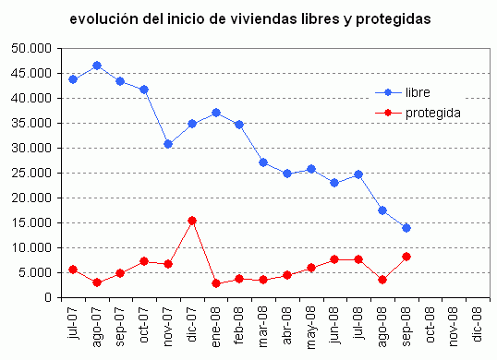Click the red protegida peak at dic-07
(191, 221)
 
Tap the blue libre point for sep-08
(406, 228)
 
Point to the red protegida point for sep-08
(406, 257)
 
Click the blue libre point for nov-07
(167, 144)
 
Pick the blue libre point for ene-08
(215, 113)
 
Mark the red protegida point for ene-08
(215, 283)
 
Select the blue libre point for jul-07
(72, 79)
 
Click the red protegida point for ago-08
(382, 280)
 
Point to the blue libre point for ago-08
(382, 210)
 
